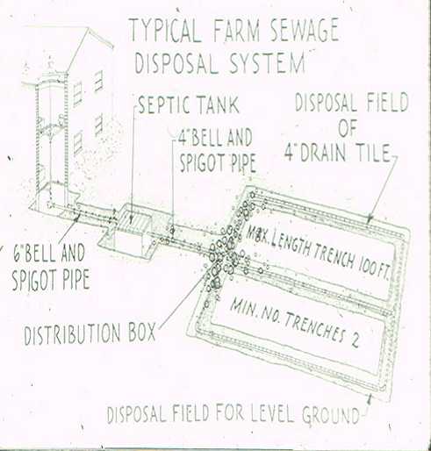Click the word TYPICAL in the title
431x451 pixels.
click(165, 31)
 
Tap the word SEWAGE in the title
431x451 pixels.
click(304, 31)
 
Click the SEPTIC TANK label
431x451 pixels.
click(188, 104)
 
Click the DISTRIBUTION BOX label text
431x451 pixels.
click(90, 333)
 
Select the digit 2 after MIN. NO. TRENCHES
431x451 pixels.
click(355, 340)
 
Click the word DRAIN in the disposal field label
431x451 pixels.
click(322, 153)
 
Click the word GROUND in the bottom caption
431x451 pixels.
click(331, 415)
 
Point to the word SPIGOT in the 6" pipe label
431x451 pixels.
click(35, 280)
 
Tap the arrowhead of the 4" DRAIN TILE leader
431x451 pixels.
click(370, 219)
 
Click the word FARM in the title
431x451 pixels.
click(236, 31)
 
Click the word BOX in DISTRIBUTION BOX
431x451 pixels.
click(142, 333)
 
